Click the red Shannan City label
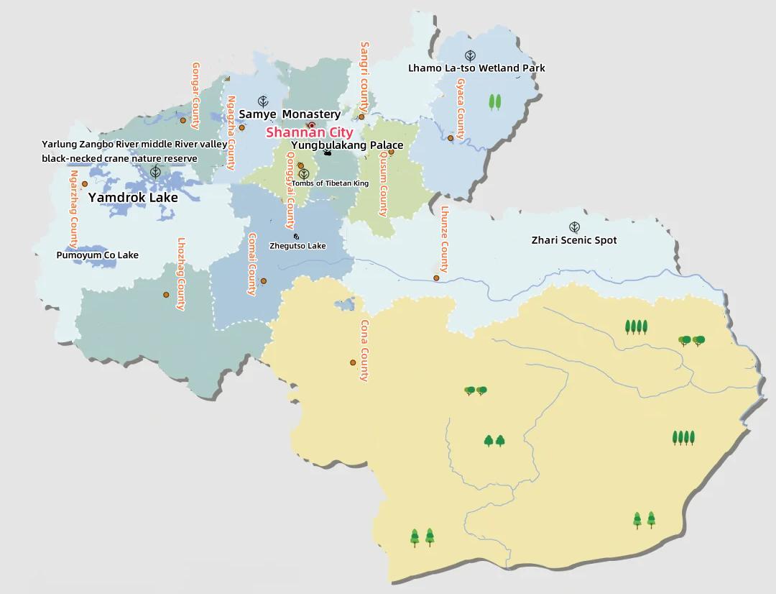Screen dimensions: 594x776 tap(310, 132)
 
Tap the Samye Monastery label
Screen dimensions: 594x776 tap(290, 114)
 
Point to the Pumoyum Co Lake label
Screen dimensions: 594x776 tap(98, 255)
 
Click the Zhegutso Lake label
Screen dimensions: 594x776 tap(297, 246)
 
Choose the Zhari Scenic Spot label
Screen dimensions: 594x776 tap(574, 240)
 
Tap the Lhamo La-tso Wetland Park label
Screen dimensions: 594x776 tap(476, 68)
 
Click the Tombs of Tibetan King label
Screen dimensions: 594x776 tap(330, 183)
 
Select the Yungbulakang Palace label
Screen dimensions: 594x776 tap(347, 145)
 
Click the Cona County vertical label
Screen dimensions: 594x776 tap(364, 350)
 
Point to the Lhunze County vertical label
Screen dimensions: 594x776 tap(445, 239)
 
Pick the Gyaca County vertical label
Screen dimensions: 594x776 tap(461, 109)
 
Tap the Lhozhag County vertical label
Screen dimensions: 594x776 tap(182, 273)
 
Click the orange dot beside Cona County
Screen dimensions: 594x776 tap(353, 362)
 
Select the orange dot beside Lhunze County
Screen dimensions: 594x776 tap(436, 278)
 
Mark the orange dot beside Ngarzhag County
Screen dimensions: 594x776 tap(85, 184)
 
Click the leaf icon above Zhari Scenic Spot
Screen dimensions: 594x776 tap(574, 227)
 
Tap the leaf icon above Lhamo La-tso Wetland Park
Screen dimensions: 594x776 tap(470, 55)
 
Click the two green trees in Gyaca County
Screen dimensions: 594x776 tap(495, 101)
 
